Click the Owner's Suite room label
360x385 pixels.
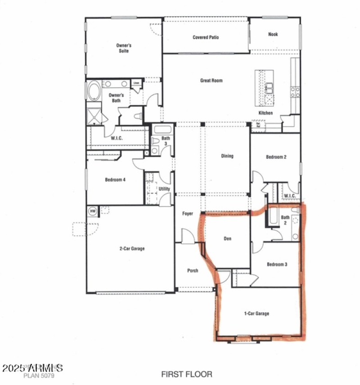[124, 48]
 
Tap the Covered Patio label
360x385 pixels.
[206, 37]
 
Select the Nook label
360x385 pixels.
[273, 34]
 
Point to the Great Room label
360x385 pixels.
[211, 81]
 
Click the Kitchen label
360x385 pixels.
[265, 113]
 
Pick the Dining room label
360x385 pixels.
[227, 157]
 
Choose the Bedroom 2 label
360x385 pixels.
[276, 157]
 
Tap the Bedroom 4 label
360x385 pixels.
[115, 179]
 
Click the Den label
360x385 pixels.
[227, 238]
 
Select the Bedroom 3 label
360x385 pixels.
[277, 264]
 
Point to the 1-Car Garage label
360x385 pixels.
[256, 313]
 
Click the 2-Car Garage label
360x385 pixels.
[132, 248]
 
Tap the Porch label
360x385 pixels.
[193, 271]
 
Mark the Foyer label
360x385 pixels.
[188, 214]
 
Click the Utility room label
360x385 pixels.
[164, 189]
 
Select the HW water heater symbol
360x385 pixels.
[93, 210]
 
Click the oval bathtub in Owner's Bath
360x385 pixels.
[94, 91]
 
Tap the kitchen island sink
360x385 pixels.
[269, 87]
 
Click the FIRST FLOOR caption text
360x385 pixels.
[187, 374]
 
